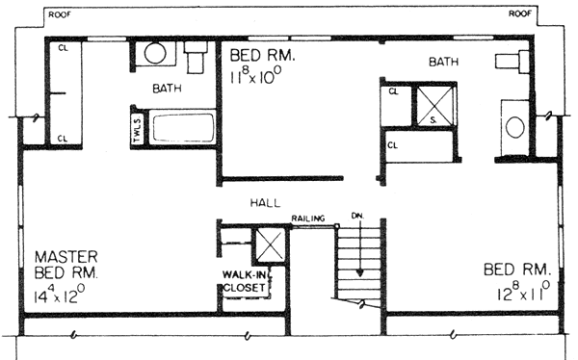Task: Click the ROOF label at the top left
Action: pyautogui.click(x=60, y=15)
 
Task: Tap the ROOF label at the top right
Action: pyautogui.click(x=520, y=14)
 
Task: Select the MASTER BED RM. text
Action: pyautogui.click(x=66, y=265)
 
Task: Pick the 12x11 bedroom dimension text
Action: pyautogui.click(x=523, y=292)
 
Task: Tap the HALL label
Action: pyautogui.click(x=266, y=203)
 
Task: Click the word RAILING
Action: pyautogui.click(x=308, y=219)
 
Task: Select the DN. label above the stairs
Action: pyautogui.click(x=357, y=216)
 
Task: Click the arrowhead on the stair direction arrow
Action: pyautogui.click(x=359, y=273)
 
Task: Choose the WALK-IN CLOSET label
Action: pyautogui.click(x=244, y=281)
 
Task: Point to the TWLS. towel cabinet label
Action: pyautogui.click(x=138, y=129)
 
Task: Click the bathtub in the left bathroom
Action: pyautogui.click(x=184, y=128)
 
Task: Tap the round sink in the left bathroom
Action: pyautogui.click(x=155, y=54)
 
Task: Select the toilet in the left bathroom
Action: pyautogui.click(x=196, y=57)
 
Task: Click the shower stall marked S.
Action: pyautogui.click(x=434, y=105)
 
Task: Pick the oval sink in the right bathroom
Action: pyautogui.click(x=515, y=127)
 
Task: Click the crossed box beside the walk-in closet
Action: pyautogui.click(x=270, y=245)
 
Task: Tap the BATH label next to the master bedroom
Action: pyautogui.click(x=167, y=89)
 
